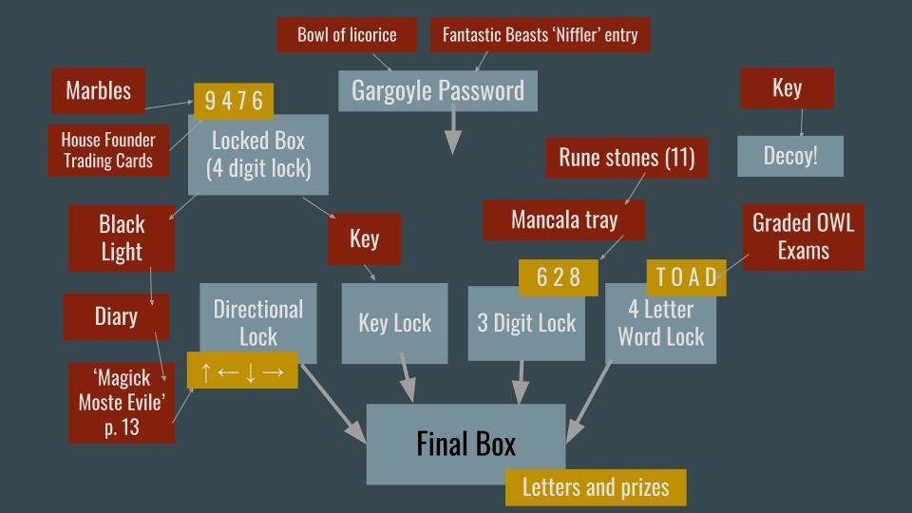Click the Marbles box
point(98,91)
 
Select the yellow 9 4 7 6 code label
point(233,101)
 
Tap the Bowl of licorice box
point(347,35)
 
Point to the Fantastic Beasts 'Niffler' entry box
point(540,35)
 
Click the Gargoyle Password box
point(437,90)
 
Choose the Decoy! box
point(789,156)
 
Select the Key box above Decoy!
point(787,88)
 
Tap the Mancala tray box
point(564,220)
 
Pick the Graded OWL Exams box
point(803,237)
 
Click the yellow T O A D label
point(686,276)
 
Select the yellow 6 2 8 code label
point(558,277)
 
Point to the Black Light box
point(122,238)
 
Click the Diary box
point(116,316)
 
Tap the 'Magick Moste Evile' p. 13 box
point(122,402)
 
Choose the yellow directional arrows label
point(242,370)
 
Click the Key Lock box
point(394,323)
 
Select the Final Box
point(465,444)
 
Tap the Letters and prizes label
point(595,487)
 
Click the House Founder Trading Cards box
point(107,150)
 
